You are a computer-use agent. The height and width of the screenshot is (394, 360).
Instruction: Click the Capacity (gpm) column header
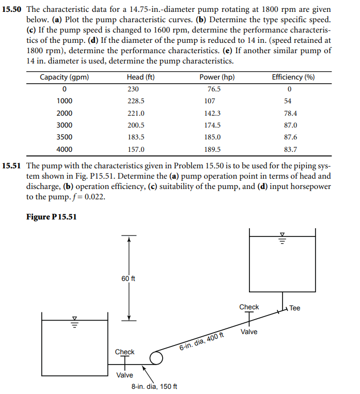tap(64, 77)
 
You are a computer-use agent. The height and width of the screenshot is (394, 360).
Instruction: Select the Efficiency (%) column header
tap(293, 77)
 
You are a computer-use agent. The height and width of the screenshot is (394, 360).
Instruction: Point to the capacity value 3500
tap(64, 137)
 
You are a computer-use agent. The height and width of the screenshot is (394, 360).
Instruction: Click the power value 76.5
tap(214, 89)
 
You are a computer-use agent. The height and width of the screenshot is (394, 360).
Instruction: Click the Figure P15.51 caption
tap(51, 217)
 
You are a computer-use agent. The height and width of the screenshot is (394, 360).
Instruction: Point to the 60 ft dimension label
tap(129, 279)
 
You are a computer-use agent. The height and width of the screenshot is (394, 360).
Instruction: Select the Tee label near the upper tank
tap(294, 308)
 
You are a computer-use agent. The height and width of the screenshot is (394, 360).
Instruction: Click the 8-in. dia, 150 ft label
tap(154, 386)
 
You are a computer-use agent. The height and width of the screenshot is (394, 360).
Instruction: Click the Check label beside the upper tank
tap(249, 307)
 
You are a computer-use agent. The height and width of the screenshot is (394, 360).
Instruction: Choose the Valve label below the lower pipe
tap(124, 375)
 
